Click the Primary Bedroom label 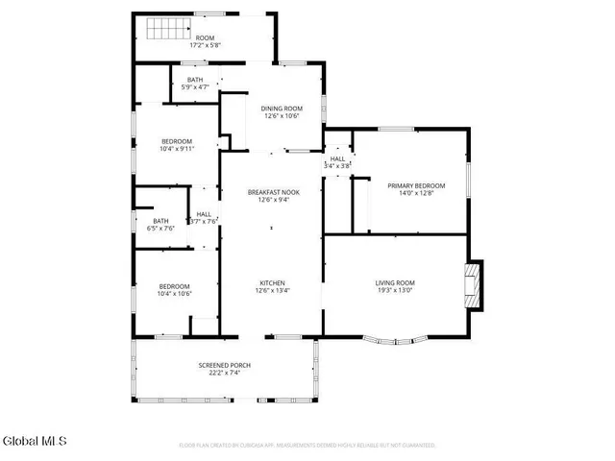coord(416,185)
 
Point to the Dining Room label coord(282,109)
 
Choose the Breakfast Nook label coord(274,192)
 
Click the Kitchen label coord(273,282)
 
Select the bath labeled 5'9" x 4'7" coord(195,84)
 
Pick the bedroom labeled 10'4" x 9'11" coord(176,145)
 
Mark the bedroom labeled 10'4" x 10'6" coord(175,290)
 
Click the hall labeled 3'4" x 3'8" coord(338,162)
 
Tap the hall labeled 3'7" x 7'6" coord(205,218)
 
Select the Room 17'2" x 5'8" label coord(205,40)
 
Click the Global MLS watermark coord(35,441)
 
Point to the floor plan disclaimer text coord(307,446)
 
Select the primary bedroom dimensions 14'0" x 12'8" coord(416,193)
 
